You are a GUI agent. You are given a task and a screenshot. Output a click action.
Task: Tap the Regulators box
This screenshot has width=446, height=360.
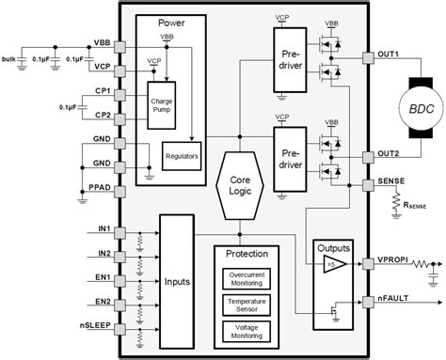point(182,155)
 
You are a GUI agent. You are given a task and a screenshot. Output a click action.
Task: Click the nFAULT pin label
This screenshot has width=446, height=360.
point(392,302)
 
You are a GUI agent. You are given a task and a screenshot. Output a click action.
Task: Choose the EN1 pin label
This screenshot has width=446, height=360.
point(103,277)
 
